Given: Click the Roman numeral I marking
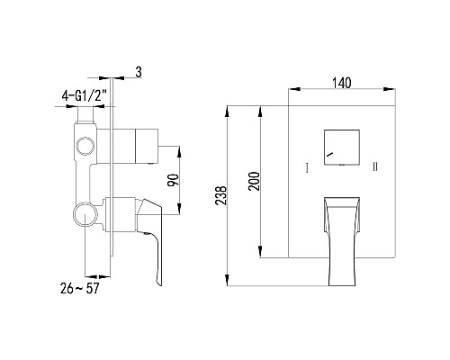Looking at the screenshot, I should click(x=307, y=168).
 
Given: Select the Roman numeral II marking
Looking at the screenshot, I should click(x=375, y=168).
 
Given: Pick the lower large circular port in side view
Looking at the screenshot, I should click(x=85, y=214).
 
